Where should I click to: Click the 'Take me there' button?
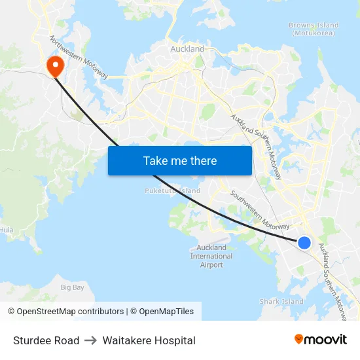pyautogui.click(x=179, y=160)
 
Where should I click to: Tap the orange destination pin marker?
pyautogui.click(x=54, y=65)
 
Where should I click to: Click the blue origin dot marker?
pyautogui.click(x=304, y=243)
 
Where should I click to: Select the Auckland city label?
pyautogui.click(x=187, y=49)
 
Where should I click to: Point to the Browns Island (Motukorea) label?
pyautogui.click(x=314, y=29)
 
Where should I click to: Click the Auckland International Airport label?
pyautogui.click(x=211, y=256)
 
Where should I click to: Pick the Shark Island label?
pyautogui.click(x=281, y=302)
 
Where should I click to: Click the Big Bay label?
pyautogui.click(x=72, y=287)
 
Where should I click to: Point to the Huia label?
pyautogui.click(x=7, y=230)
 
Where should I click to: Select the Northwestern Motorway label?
pyautogui.click(x=79, y=57)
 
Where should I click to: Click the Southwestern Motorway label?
pyautogui.click(x=259, y=209)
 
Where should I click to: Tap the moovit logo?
pyautogui.click(x=321, y=340)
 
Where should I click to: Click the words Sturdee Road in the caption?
pyautogui.click(x=46, y=340)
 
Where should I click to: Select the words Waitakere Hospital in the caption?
pyautogui.click(x=149, y=340)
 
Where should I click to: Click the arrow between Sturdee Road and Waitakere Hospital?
pyautogui.click(x=91, y=340)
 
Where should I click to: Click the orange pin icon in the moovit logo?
pyautogui.click(x=299, y=339)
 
